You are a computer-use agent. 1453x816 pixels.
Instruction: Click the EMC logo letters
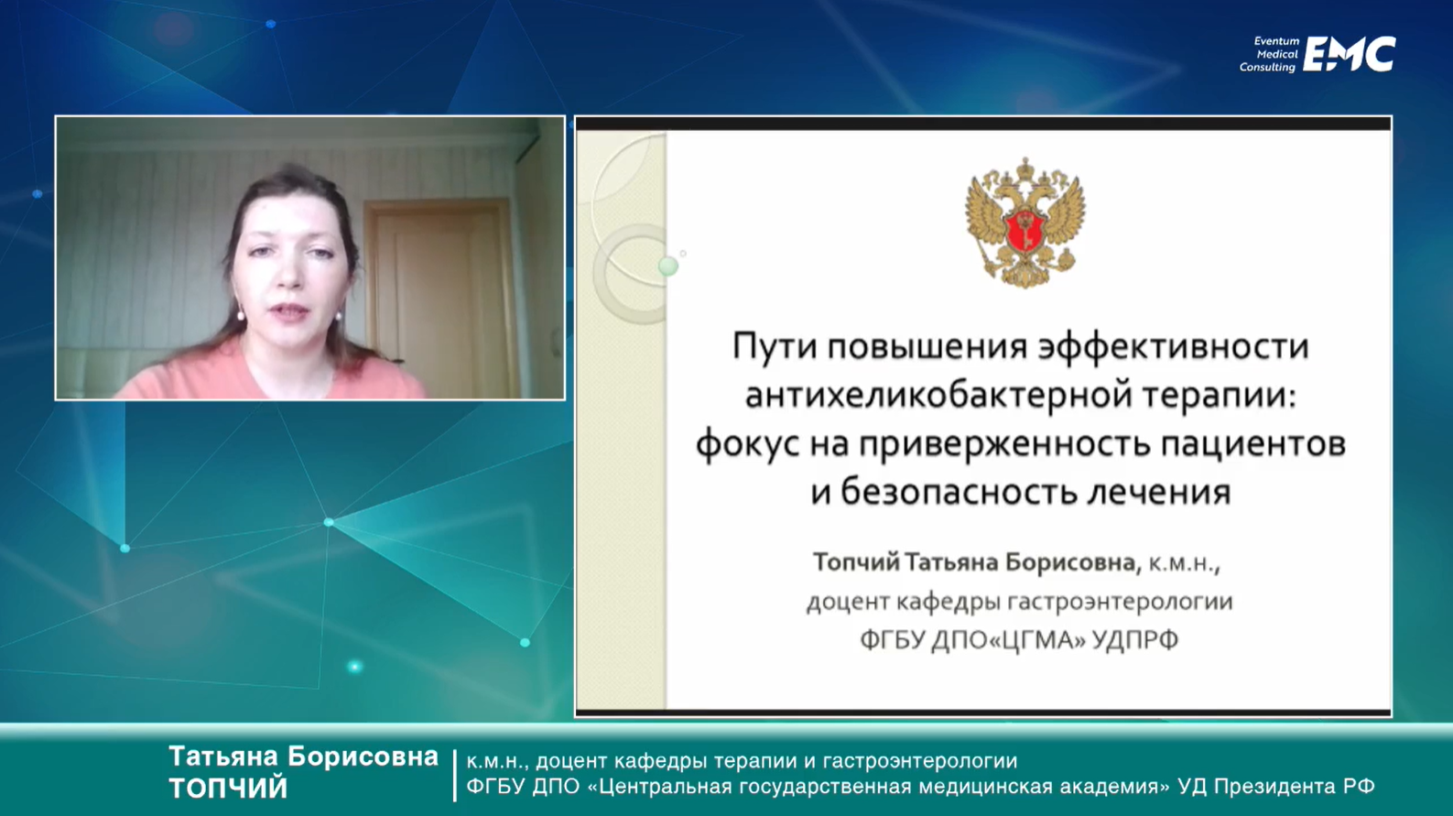[1350, 54]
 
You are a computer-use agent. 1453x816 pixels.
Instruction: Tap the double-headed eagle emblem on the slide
[1025, 223]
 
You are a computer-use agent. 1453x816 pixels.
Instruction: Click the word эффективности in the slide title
[1174, 346]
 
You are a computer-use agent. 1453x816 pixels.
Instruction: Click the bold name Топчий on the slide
[856, 562]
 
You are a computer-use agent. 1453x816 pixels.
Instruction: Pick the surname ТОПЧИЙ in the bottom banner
[228, 788]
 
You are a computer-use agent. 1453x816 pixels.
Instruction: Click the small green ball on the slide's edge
[668, 266]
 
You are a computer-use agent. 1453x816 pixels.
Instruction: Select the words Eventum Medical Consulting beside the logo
[1269, 54]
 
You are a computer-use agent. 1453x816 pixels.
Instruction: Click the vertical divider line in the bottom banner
[455, 775]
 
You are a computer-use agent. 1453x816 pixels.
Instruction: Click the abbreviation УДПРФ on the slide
[1136, 640]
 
